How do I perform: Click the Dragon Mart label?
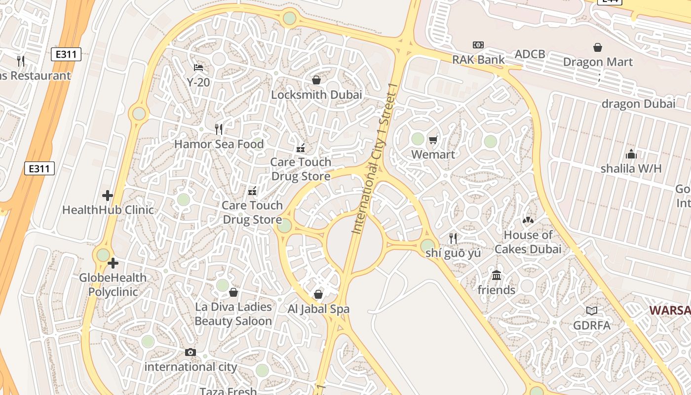(x=598, y=62)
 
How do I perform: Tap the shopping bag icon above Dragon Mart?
(x=598, y=47)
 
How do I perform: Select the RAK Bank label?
(x=478, y=60)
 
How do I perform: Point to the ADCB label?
(x=530, y=54)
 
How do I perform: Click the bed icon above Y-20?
(x=198, y=67)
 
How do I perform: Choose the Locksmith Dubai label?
(x=316, y=94)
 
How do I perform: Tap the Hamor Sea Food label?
(x=219, y=144)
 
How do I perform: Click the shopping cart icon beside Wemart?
(x=433, y=140)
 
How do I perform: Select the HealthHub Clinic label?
(x=108, y=210)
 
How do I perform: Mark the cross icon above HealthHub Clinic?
(x=108, y=196)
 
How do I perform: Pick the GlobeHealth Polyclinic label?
(x=113, y=284)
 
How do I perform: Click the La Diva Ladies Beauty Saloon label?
(x=233, y=314)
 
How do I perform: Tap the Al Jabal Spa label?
(x=318, y=309)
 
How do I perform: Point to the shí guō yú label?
(x=453, y=253)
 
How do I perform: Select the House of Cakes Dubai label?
(x=528, y=242)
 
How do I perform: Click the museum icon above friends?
(x=497, y=275)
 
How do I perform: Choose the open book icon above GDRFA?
(x=592, y=311)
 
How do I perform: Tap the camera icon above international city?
(x=191, y=352)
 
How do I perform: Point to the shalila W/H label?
(x=631, y=168)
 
